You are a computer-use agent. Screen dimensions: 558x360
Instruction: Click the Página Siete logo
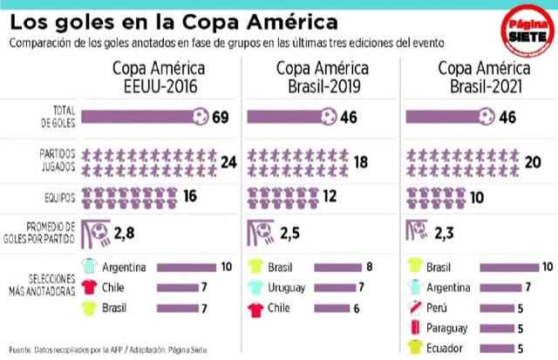tap(527, 31)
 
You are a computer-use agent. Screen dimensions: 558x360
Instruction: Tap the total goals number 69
tap(221, 118)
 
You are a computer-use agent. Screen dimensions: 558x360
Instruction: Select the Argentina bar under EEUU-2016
tap(186, 268)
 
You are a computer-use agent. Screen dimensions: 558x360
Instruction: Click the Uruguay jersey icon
tap(255, 287)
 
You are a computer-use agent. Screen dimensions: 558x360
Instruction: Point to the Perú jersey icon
tap(415, 308)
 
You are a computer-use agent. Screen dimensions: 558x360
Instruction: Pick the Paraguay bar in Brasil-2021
tap(497, 329)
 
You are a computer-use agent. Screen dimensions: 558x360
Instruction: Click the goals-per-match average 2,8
tap(124, 233)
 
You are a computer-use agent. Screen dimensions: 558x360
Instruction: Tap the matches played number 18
tap(360, 162)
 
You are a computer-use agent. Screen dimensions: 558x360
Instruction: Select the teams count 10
tap(477, 197)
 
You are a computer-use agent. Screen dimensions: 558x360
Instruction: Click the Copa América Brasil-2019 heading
tap(323, 78)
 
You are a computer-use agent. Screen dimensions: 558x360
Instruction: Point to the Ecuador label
tap(445, 349)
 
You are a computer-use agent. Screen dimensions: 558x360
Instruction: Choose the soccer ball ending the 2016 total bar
tap(201, 116)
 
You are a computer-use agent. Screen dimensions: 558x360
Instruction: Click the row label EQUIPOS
tap(60, 198)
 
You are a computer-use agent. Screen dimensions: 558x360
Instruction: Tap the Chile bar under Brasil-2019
tap(331, 308)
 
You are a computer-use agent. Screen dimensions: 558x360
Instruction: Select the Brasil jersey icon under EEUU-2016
tap(89, 308)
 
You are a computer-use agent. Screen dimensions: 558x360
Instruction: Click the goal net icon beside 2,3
tap(417, 230)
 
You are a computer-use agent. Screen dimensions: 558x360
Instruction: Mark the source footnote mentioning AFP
tap(108, 350)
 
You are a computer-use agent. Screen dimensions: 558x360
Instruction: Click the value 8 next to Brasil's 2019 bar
tap(370, 267)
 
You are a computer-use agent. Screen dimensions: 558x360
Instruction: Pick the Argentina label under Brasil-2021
tap(448, 288)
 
